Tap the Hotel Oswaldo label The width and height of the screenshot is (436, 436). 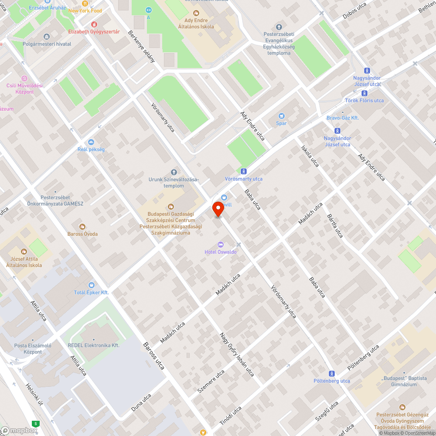coord(221,252)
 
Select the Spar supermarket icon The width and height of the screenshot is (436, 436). coord(281,116)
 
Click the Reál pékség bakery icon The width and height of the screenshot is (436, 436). coord(91,142)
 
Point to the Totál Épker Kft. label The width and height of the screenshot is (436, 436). coord(91,292)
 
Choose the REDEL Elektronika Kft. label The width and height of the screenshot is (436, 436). coord(93,345)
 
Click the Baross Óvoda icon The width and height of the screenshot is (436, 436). coord(82,226)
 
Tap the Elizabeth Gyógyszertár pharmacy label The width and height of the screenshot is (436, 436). coord(94,31)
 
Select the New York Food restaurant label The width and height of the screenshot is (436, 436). coord(85,10)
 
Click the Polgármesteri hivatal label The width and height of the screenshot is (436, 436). coord(47,44)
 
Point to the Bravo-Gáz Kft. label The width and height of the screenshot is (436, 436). coord(342,118)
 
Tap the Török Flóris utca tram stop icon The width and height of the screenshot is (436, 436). coord(364,93)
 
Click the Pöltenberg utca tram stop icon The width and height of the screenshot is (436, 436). coord(332,373)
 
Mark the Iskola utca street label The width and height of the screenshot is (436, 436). coord(310,156)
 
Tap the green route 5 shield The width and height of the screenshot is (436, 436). coord(35,423)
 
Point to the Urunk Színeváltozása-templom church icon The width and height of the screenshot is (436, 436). coord(174,172)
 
